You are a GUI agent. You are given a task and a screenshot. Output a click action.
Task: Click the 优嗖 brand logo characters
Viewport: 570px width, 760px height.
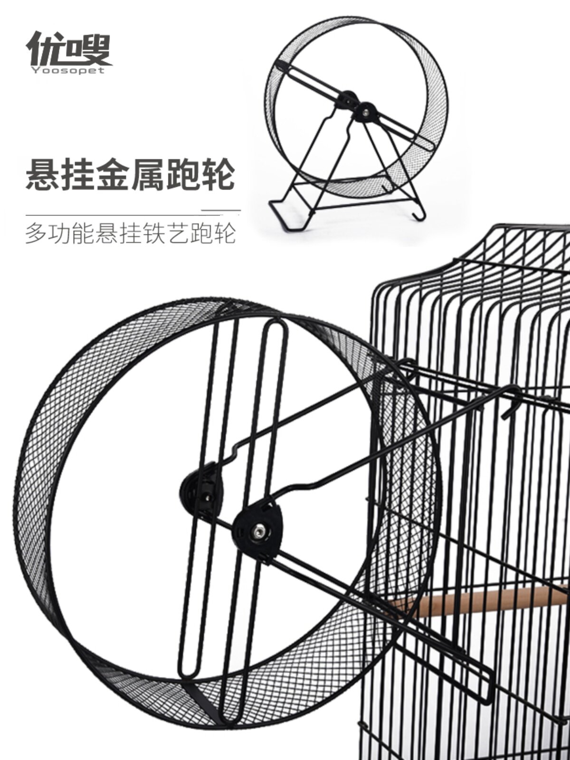click(69, 47)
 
